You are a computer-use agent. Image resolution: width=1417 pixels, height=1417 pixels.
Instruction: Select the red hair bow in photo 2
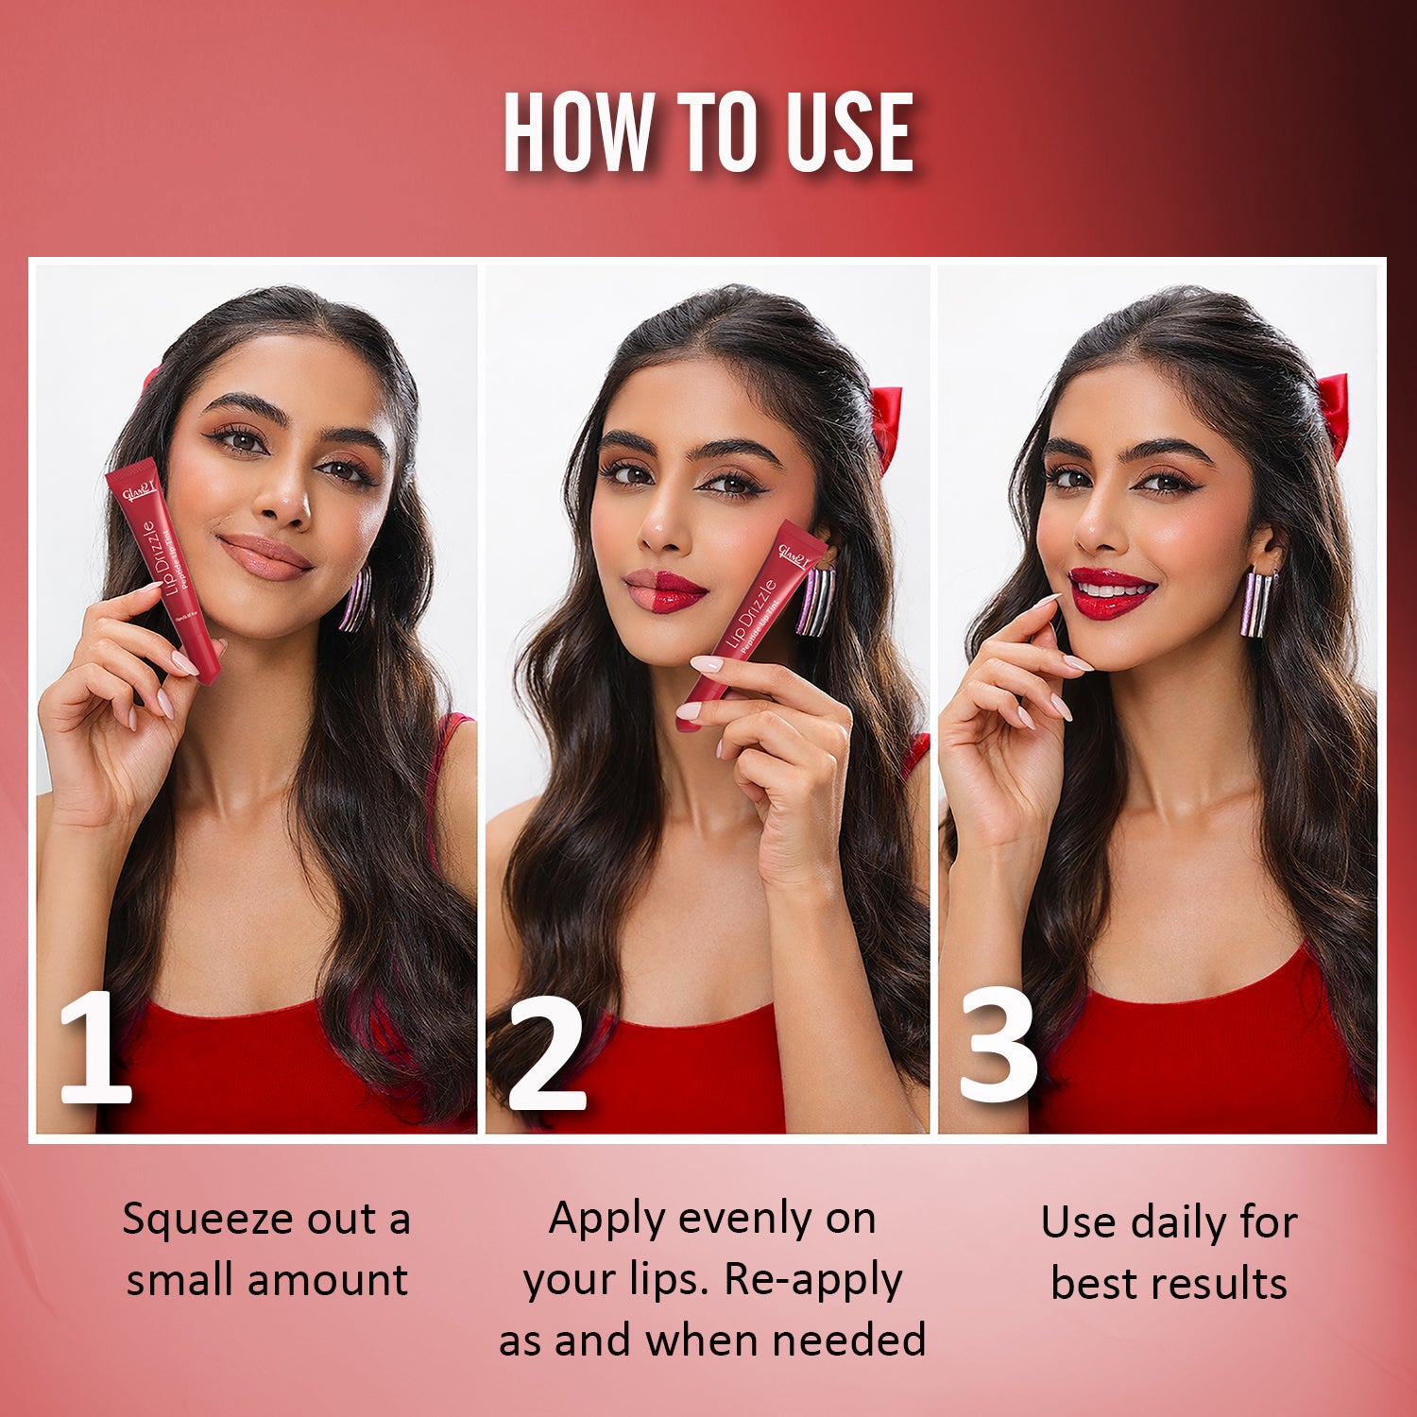[886, 425]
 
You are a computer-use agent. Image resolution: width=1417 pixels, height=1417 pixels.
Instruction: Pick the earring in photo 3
[1257, 603]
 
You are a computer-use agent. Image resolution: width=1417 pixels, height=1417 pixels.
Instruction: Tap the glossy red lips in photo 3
[1111, 592]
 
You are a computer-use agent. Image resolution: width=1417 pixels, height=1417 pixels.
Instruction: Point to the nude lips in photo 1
[265, 556]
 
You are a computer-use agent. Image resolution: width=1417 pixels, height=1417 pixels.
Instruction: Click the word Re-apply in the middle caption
[812, 1281]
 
